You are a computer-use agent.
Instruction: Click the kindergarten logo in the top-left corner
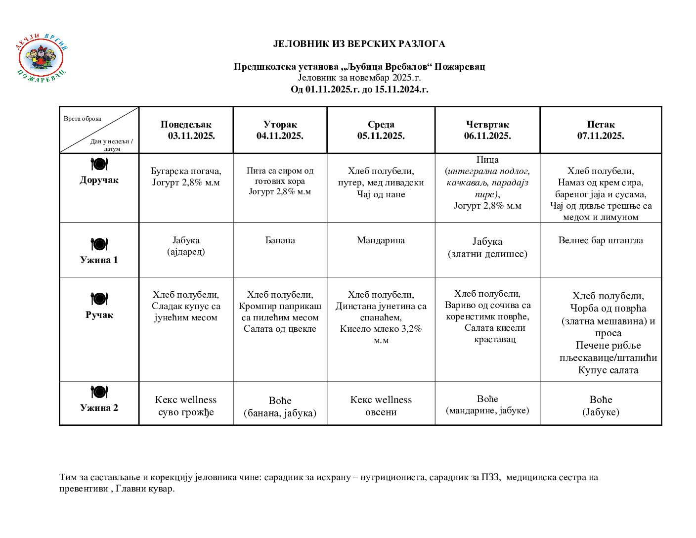[x=41, y=58]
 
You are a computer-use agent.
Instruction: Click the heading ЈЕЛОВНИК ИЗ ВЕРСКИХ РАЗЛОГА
[x=359, y=44]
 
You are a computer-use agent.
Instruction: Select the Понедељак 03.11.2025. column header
[x=186, y=130]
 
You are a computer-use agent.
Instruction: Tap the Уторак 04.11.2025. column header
[x=280, y=130]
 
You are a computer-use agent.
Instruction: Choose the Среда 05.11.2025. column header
[x=381, y=130]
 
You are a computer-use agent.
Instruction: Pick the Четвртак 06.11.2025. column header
[x=487, y=130]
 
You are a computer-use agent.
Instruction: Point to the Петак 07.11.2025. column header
[x=601, y=130]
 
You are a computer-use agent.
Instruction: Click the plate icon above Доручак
[x=99, y=164]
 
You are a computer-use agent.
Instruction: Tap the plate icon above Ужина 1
[x=99, y=244]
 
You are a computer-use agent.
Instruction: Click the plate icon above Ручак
[x=99, y=299]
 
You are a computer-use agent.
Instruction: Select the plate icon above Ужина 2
[x=99, y=392]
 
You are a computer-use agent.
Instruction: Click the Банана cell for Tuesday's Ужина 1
[x=280, y=240]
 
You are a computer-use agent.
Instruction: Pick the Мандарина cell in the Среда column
[x=381, y=240]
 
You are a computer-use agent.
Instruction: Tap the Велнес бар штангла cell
[x=601, y=240]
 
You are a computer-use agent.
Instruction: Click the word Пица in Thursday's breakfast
[x=487, y=160]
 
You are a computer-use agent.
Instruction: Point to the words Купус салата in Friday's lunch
[x=608, y=370]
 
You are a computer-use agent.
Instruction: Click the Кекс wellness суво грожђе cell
[x=186, y=405]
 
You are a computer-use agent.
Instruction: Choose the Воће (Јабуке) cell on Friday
[x=601, y=405]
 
